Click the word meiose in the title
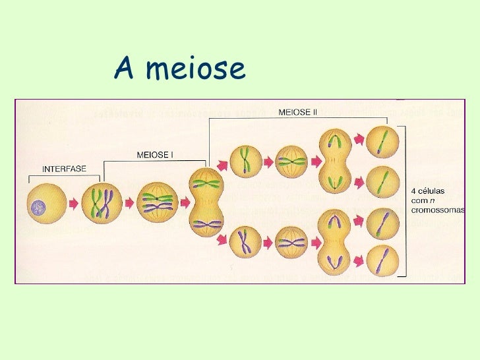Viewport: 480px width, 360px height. pos(195,69)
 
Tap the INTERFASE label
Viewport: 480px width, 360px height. pos(63,168)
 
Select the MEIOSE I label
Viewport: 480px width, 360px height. pos(154,156)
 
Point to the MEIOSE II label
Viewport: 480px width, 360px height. pos(298,112)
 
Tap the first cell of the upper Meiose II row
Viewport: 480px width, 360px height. pos(245,160)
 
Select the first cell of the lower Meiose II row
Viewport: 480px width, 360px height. pos(245,242)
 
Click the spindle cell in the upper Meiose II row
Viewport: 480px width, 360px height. pos(291,160)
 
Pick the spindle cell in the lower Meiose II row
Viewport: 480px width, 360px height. pos(291,242)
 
